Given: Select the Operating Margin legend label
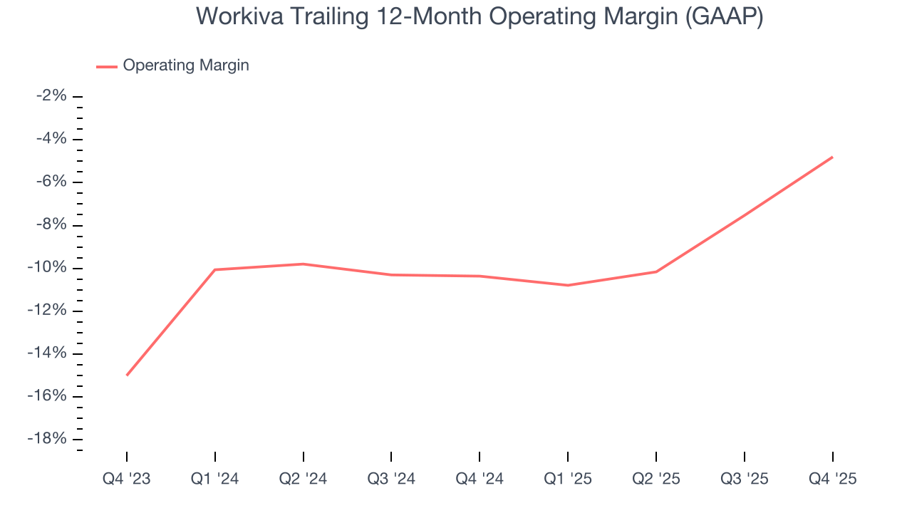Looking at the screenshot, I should point(186,66).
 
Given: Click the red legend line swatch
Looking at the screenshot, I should point(107,66).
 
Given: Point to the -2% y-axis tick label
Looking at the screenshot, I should point(51,96).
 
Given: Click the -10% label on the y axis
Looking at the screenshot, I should point(47,268).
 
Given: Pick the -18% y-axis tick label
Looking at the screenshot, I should point(47,439).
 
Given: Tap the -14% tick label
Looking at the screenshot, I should point(47,353).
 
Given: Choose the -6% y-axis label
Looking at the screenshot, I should point(51,182).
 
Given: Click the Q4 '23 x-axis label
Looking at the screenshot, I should point(127,479).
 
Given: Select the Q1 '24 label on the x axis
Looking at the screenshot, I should point(214,479).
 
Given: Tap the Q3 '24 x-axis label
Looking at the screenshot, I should point(391,479).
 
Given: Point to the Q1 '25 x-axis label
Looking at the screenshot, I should point(568,479).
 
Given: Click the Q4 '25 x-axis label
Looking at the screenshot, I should point(832,479).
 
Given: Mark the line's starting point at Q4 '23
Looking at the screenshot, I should point(127,375).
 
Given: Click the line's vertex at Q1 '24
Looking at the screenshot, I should point(214,269).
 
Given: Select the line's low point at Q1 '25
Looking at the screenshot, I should point(568,285).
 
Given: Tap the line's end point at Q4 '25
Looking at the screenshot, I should point(832,157).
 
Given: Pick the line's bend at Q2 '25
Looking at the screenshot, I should point(655,271).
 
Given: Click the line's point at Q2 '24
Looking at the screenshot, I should point(303,264).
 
